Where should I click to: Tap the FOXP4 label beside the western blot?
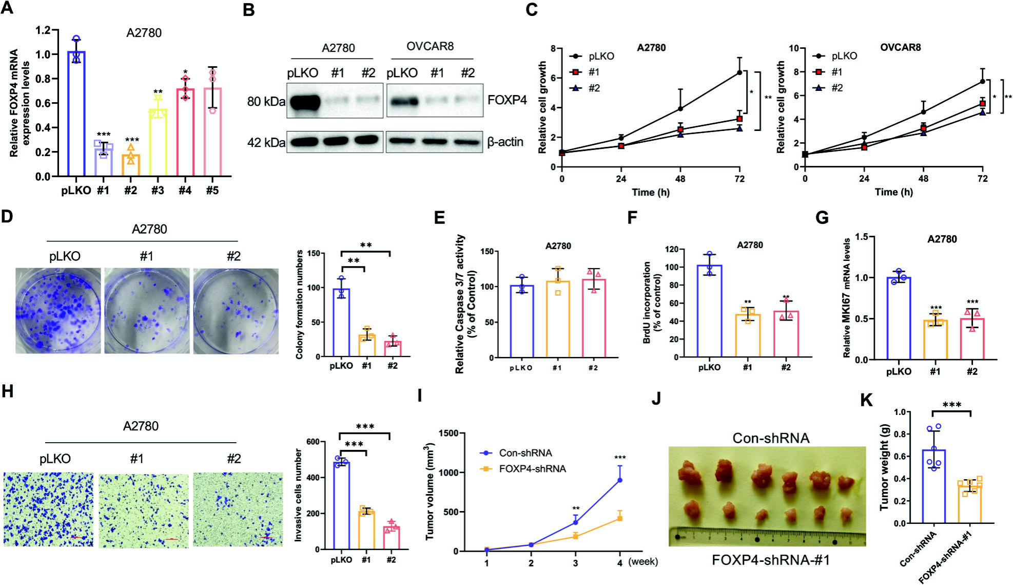pyautogui.click(x=506, y=100)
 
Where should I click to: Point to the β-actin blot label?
pyautogui.click(x=505, y=142)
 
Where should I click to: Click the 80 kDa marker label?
pyautogui.click(x=265, y=102)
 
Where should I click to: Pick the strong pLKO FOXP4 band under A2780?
pyautogui.click(x=304, y=102)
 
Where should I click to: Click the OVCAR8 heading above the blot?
pyautogui.click(x=430, y=47)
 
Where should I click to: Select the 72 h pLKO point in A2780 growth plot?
pyautogui.click(x=739, y=72)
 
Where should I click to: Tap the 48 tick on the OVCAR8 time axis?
pyautogui.click(x=923, y=179)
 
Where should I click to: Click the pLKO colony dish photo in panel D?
pyautogui.click(x=58, y=311)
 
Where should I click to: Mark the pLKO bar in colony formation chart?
pyautogui.click(x=341, y=323)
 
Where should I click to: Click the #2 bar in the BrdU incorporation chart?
pyautogui.click(x=786, y=333)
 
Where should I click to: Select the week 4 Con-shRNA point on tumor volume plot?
pyautogui.click(x=620, y=480)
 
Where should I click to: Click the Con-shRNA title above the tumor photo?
pyautogui.click(x=771, y=438)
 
